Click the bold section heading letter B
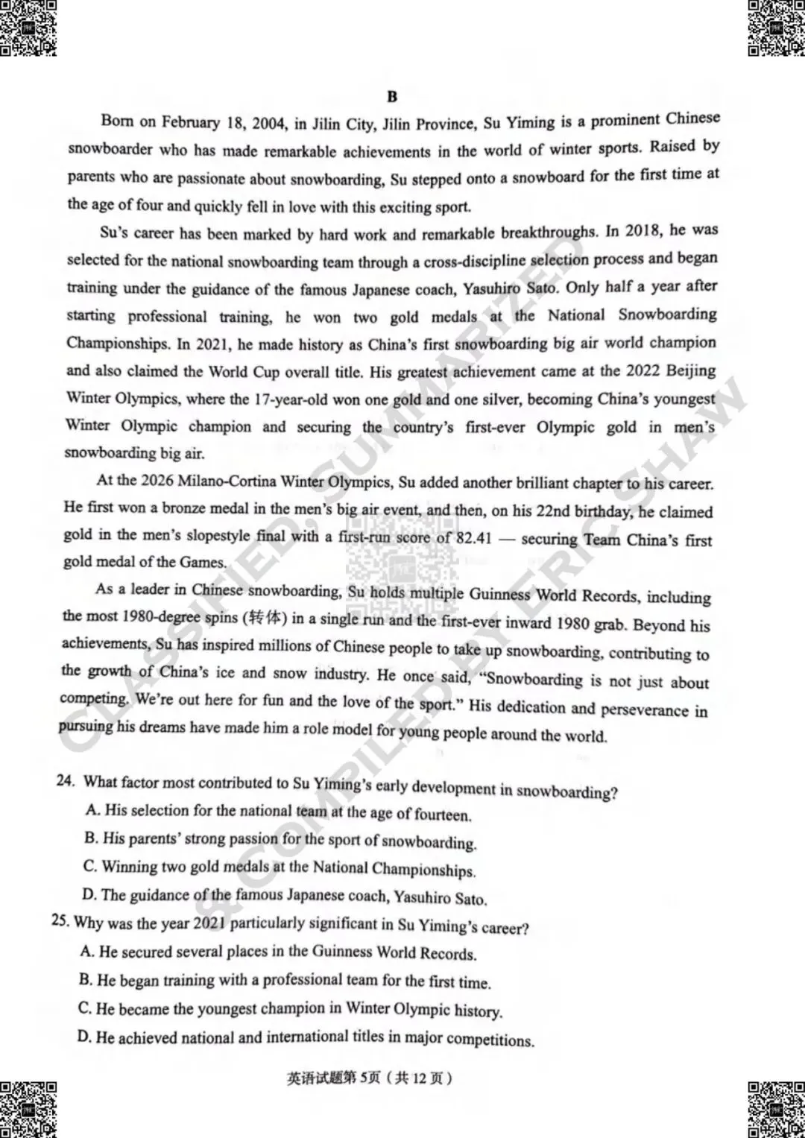pyautogui.click(x=392, y=97)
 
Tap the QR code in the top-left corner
pyautogui.click(x=28, y=28)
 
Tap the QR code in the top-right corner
pyautogui.click(x=776, y=28)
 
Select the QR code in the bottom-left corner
pyautogui.click(x=28, y=1109)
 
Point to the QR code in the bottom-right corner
pyautogui.click(x=776, y=1109)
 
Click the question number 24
pyautogui.click(x=66, y=780)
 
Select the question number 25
pyautogui.click(x=60, y=920)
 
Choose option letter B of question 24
pyautogui.click(x=91, y=838)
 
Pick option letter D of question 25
pyautogui.click(x=84, y=1037)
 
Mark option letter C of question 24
pyautogui.click(x=90, y=866)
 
